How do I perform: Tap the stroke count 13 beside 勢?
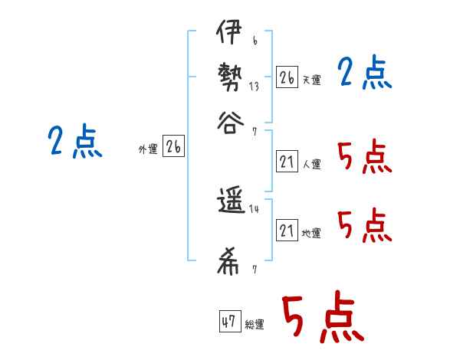(254, 87)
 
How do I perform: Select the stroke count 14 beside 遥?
(254, 208)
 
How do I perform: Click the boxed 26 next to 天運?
(287, 77)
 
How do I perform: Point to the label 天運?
(311, 80)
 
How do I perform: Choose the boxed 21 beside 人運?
(287, 162)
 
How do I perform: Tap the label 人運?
(311, 164)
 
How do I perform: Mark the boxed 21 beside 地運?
(287, 231)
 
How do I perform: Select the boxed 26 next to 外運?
(173, 147)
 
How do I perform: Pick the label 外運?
(147, 150)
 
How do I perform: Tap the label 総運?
(255, 324)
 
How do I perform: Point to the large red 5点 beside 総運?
(323, 318)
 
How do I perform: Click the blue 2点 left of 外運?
(74, 142)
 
